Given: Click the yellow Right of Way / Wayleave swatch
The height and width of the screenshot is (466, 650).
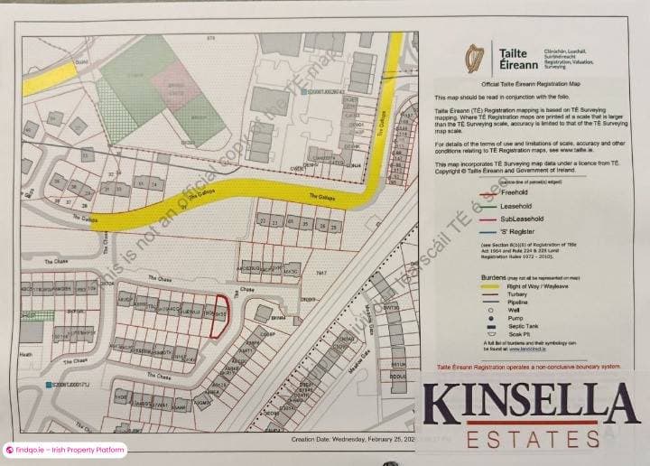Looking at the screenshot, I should tap(492, 285).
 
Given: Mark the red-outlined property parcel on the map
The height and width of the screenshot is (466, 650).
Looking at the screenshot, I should tap(217, 316).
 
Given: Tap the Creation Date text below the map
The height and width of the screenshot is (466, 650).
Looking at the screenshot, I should tap(352, 439).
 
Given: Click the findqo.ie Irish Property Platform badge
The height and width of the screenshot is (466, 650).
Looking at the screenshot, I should tap(65, 450).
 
